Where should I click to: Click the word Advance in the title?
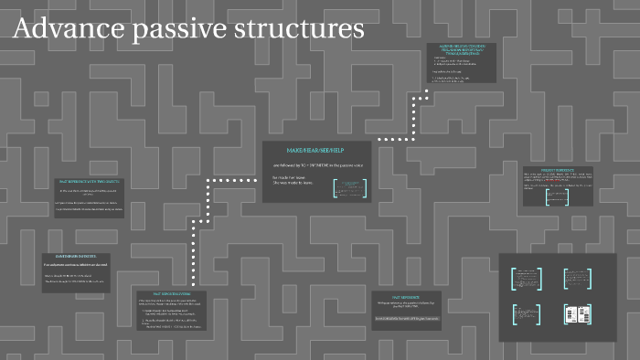(69, 29)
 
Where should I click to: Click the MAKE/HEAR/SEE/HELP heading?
(315, 149)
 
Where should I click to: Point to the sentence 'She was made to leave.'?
(293, 183)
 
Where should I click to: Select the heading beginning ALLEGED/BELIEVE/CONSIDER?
(461, 49)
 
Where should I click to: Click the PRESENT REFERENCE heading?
(557, 170)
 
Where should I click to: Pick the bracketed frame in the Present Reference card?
(557, 196)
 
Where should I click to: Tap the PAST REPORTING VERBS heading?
(170, 295)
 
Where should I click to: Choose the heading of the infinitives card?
(76, 257)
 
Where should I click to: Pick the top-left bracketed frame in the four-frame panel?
(528, 278)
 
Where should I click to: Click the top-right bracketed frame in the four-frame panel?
(577, 278)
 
